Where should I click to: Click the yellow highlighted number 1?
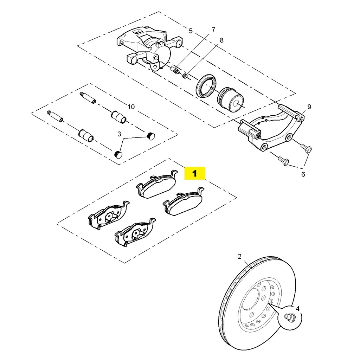[x=194, y=173]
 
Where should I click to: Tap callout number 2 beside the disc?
[x=240, y=257]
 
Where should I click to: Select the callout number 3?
[x=119, y=134]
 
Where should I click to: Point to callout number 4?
[x=297, y=309]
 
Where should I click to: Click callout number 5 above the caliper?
[x=191, y=31]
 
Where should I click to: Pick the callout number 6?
[x=303, y=174]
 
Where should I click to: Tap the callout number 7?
[x=213, y=29]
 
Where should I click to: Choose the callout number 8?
[x=221, y=40]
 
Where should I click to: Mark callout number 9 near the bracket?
[x=309, y=107]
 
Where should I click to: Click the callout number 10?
[x=131, y=107]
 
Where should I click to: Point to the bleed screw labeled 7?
[x=174, y=69]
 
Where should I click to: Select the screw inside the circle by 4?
[x=290, y=318]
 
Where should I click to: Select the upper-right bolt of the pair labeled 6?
[x=306, y=148]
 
